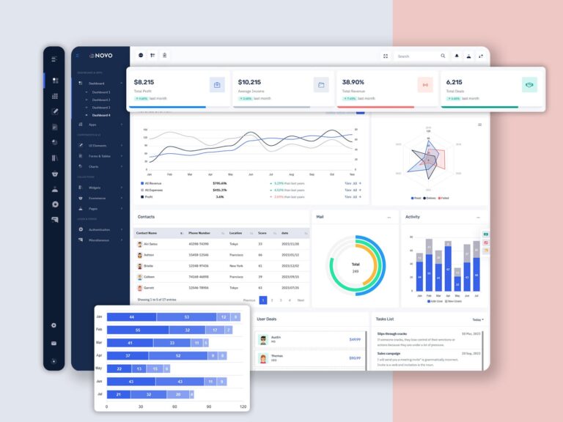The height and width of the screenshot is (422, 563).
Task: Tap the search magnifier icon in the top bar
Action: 443,56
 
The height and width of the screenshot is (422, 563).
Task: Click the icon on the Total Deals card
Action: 529,85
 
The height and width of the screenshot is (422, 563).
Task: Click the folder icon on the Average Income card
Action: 321,85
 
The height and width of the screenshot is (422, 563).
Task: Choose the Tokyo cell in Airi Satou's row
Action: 234,243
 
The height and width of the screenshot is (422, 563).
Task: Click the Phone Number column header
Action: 199,232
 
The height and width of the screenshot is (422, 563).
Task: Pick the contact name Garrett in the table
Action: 148,288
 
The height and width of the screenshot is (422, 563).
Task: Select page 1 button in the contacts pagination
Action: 263,300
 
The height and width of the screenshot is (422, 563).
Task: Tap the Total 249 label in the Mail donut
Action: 356,267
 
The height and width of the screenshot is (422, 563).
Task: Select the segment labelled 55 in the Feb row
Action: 138,330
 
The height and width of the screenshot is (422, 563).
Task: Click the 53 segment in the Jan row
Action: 187,316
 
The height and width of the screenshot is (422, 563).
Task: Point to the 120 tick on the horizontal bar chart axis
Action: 243,406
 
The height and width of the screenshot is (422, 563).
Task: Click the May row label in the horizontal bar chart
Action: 99,368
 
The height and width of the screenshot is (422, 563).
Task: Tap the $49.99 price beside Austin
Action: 355,339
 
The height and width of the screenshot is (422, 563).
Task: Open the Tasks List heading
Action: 385,319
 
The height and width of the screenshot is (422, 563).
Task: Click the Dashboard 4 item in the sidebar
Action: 101,115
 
